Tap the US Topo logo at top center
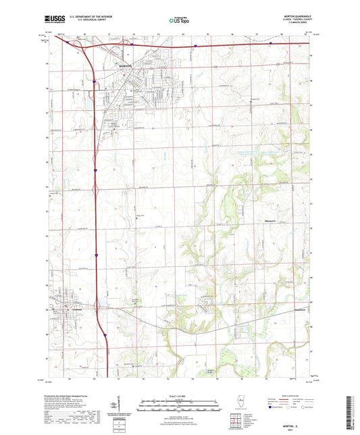[179, 20]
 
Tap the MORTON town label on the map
[126, 66]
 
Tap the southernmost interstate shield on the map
[106, 335]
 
